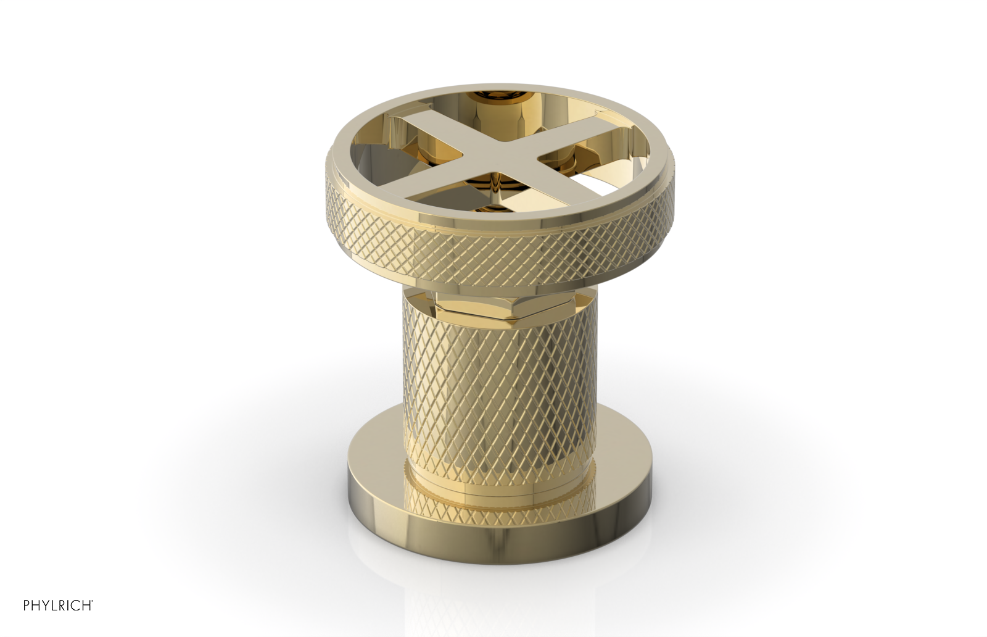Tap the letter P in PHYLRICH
(x=27, y=606)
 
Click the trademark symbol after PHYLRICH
(x=93, y=601)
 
